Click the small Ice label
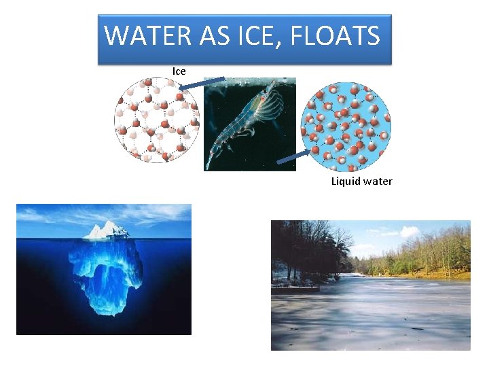tap(179, 71)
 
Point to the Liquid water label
tap(361, 181)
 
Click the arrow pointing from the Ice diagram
tap(201, 83)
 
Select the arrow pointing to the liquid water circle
tap(293, 158)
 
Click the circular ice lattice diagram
tap(157, 120)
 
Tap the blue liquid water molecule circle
tap(346, 126)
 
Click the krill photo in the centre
tap(249, 124)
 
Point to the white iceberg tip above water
tap(106, 231)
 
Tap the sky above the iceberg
tap(102, 214)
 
